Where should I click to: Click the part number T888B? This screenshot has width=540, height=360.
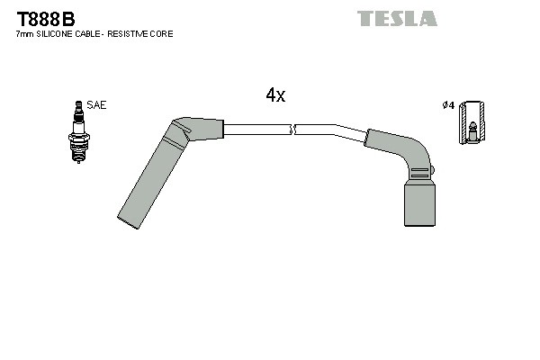[x=46, y=17]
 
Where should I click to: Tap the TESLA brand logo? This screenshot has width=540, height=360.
[x=396, y=18]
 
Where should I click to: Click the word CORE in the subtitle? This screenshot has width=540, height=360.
[x=161, y=34]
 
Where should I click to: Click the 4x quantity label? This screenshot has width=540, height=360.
[x=275, y=95]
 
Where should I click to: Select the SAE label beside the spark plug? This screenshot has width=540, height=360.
[x=97, y=105]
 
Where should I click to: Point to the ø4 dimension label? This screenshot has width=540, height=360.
[x=447, y=106]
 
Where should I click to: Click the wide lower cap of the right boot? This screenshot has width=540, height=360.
[x=418, y=199]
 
